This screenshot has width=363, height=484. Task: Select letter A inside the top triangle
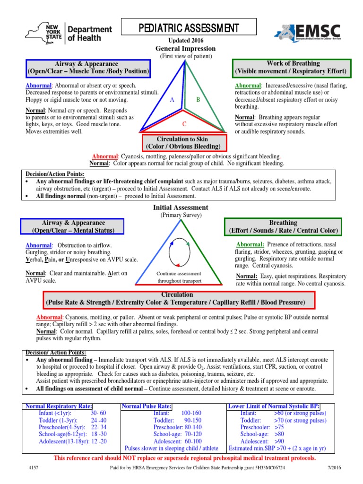pos(172,100)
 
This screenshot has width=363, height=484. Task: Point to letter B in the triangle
pos(199,100)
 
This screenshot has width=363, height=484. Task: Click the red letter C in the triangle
pos(184,124)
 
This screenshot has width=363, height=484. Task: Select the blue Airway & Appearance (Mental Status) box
pos(72,226)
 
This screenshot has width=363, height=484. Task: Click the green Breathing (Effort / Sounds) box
pos(283,226)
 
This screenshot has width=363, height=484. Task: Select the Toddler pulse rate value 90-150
pos(192,420)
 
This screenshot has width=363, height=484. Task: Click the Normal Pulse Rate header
pos(147,406)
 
